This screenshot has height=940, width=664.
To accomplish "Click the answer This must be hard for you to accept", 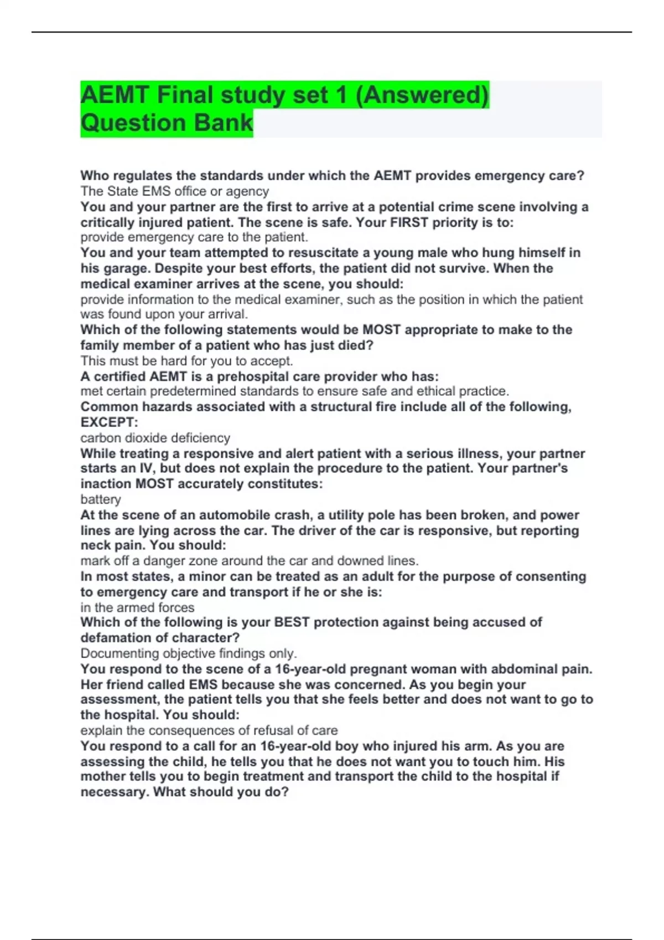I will (186, 361).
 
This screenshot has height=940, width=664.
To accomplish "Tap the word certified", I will (120, 377).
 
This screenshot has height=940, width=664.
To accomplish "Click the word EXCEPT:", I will (109, 422).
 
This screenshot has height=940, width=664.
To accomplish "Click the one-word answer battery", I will (101, 499).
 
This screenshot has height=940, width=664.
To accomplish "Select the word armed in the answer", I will (136, 607).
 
